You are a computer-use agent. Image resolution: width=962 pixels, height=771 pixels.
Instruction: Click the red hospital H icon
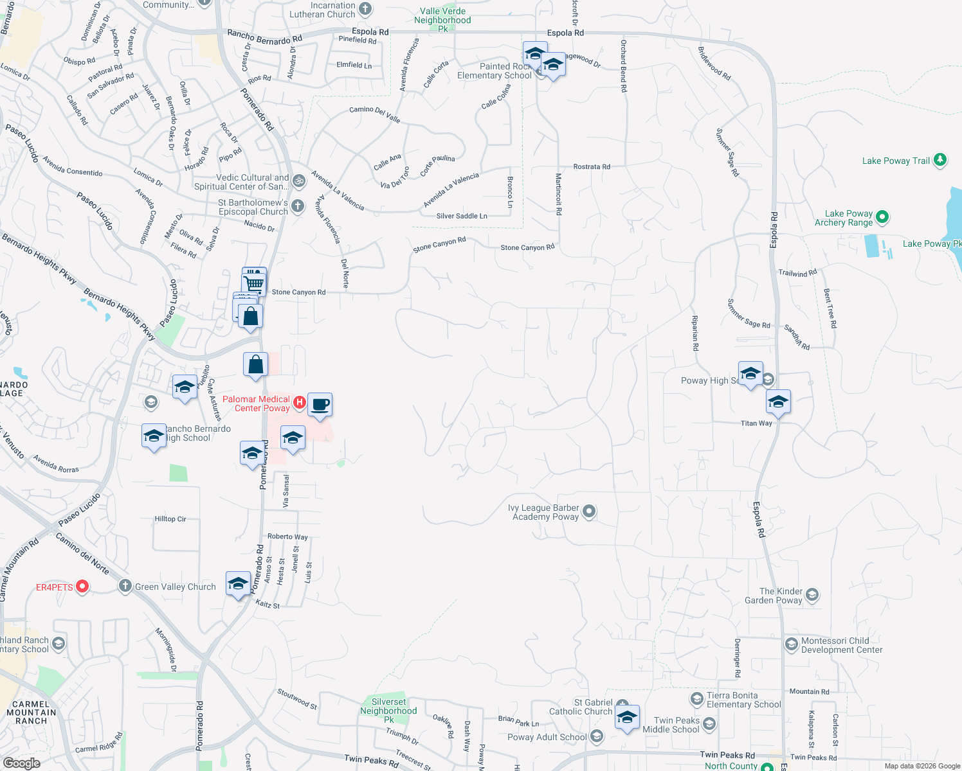pos(299,402)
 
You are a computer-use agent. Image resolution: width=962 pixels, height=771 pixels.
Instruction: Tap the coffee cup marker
pos(320,405)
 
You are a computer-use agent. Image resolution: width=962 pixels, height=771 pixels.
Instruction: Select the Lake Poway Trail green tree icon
pos(940,159)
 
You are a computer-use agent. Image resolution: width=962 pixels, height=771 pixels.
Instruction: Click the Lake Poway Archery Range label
pos(844,218)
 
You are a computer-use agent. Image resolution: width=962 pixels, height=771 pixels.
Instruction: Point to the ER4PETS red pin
pos(82,586)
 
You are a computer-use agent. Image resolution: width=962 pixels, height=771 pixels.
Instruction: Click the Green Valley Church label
pos(175,587)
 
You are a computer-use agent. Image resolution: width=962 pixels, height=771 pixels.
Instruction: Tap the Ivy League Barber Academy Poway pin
pos(588,511)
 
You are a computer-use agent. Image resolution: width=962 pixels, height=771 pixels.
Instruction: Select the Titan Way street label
pos(756,423)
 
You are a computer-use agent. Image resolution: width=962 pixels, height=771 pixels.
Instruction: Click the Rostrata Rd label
pos(592,167)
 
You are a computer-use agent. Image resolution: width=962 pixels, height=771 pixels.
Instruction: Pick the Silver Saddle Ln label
pos(462,216)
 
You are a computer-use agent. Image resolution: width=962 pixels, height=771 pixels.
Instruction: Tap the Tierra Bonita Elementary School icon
pos(696,698)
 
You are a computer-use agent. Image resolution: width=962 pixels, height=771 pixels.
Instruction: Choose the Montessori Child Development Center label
pos(842,645)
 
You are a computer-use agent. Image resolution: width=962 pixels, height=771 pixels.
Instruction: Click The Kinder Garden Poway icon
pos(812,595)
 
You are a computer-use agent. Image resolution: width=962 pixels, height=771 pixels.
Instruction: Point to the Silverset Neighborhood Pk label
pos(388,711)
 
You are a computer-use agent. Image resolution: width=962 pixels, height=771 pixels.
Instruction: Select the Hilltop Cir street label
pos(170,519)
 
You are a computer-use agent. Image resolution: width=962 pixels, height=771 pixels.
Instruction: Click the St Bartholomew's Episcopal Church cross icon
pos(298,206)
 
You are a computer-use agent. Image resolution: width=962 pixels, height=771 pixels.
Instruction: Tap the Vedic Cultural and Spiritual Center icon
pos(298,181)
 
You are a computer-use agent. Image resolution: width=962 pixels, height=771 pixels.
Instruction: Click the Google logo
pos(21,763)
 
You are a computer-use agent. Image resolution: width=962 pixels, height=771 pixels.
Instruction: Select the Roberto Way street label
pos(287,536)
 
